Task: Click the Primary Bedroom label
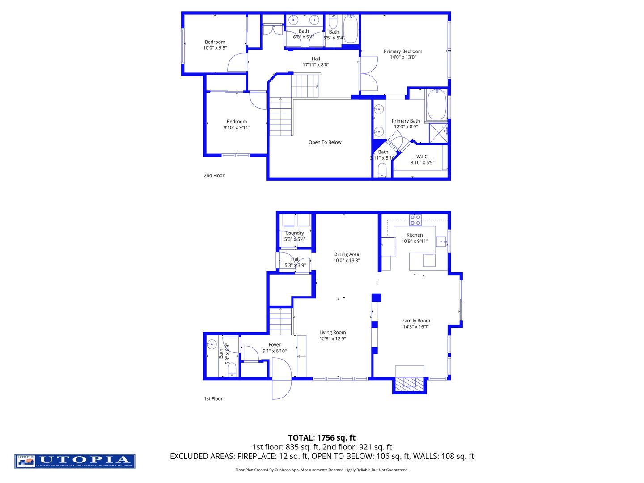coord(402,51)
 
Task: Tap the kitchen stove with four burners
coord(415,220)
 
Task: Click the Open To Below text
coord(325,142)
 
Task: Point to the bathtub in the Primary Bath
coord(436,105)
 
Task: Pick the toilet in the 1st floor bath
coord(232,370)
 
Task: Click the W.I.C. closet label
coord(422,157)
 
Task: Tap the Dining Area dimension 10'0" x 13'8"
coord(346,260)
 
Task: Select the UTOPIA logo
coord(75,461)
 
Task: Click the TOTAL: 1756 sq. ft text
coord(322,438)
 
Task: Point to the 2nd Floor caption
coord(214,175)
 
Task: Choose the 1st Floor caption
coord(213,398)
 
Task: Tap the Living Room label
coord(332,332)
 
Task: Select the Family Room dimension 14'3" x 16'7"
coord(416,326)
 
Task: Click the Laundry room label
coord(295,233)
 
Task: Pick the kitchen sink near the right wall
coord(441,241)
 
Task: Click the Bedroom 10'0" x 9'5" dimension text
coord(215,48)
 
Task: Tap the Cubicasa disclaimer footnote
coord(322,470)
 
